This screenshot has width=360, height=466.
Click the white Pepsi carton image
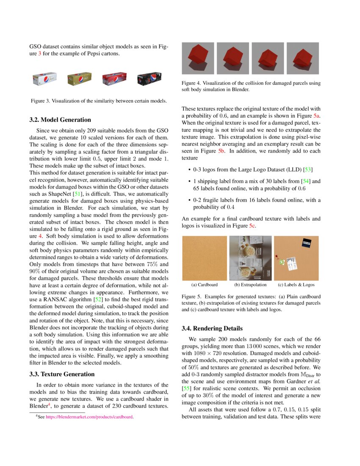click(x=45, y=79)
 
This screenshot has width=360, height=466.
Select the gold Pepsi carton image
click(x=79, y=79)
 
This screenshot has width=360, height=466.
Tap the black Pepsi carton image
click(x=149, y=79)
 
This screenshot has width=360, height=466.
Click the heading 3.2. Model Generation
click(x=60, y=120)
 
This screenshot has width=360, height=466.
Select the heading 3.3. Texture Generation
click(x=62, y=374)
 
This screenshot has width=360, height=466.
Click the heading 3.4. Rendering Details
click(x=212, y=328)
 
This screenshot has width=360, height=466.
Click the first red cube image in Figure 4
click(x=198, y=58)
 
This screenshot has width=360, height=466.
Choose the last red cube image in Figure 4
click(x=303, y=58)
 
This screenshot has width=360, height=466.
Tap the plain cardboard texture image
click(x=205, y=258)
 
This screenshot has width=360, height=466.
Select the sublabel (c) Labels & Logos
click(x=296, y=285)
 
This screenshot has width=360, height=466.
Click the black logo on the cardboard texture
click(x=307, y=243)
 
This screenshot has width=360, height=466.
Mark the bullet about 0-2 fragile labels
click(x=257, y=204)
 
